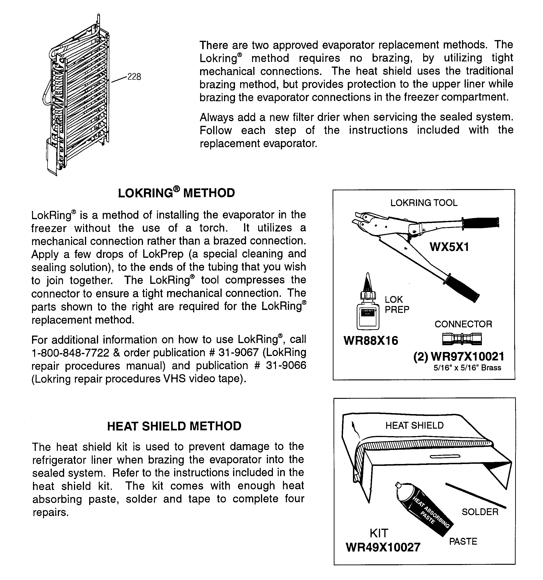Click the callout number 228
click(x=134, y=77)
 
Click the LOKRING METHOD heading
click(x=176, y=193)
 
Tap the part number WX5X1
click(x=449, y=247)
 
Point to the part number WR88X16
click(x=371, y=341)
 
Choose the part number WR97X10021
click(x=467, y=356)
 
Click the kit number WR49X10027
click(x=383, y=547)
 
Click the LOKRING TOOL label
click(x=424, y=203)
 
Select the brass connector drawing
click(x=462, y=339)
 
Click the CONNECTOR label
click(x=463, y=324)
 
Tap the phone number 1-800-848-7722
click(x=70, y=353)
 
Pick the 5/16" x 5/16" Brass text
click(x=467, y=368)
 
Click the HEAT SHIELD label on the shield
click(x=414, y=425)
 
